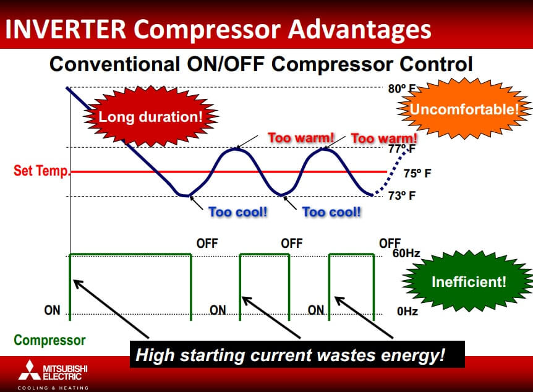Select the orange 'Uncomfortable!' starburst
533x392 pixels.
point(464,109)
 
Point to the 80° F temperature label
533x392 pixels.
point(402,89)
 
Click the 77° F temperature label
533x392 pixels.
point(402,148)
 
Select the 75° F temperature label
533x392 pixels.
point(417,173)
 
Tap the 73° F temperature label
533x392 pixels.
point(402,195)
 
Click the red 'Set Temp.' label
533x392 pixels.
point(41,171)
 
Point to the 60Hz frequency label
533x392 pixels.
point(406,254)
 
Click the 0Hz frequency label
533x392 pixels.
point(407,311)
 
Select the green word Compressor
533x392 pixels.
point(49,340)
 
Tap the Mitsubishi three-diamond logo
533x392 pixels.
point(30,370)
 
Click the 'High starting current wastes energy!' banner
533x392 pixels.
point(297,354)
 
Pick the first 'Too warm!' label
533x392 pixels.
point(301,138)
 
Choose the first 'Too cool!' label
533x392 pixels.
point(238,212)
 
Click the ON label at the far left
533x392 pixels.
point(52,310)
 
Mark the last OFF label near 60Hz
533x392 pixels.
point(390,243)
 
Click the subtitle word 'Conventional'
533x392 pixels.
point(114,64)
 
